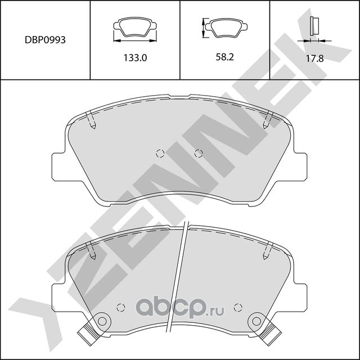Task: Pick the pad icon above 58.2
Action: pyautogui.click(x=226, y=27)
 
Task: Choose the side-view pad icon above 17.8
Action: pyautogui.click(x=314, y=27)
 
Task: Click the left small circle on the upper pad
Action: pyautogui.click(x=159, y=153)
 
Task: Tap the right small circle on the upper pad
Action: pyautogui.click(x=198, y=153)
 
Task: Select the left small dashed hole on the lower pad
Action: pyautogui.click(x=119, y=308)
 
